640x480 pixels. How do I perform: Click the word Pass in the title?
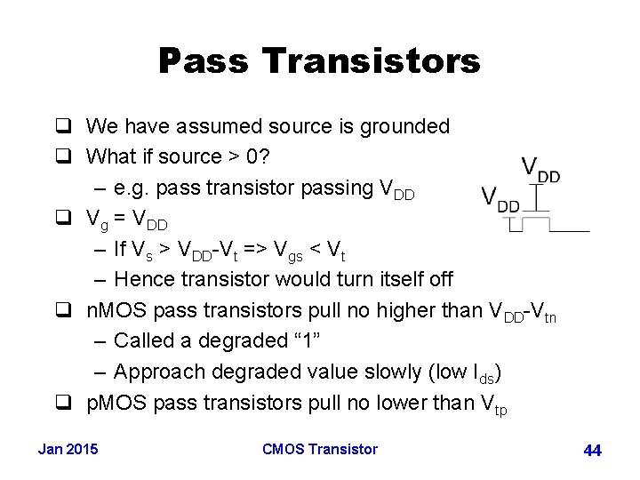(x=205, y=61)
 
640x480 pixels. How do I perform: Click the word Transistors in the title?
(x=372, y=61)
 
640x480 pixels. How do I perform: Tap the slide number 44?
(x=592, y=451)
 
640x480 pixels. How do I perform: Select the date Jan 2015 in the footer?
(x=68, y=449)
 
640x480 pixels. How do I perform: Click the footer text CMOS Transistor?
(x=320, y=449)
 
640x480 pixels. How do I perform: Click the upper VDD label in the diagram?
(x=540, y=170)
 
